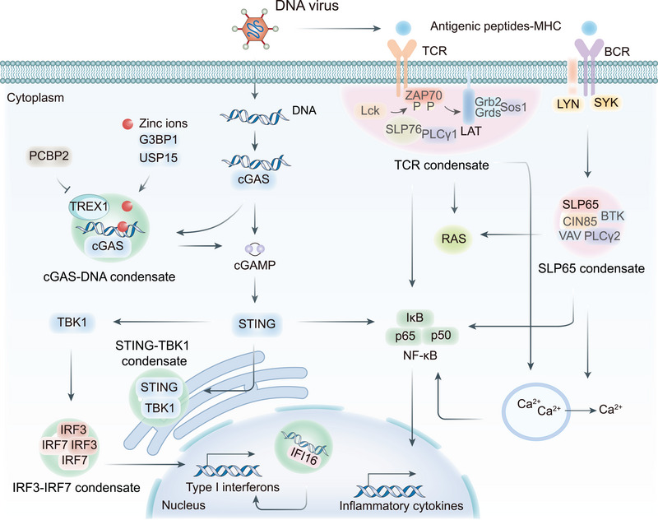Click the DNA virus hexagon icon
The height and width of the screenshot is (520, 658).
point(255,29)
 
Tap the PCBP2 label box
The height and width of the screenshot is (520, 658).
point(49,156)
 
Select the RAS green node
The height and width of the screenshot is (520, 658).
point(454,239)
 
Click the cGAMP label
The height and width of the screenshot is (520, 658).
point(255,265)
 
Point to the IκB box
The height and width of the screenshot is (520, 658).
point(415,318)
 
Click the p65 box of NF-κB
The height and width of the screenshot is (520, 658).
point(405,336)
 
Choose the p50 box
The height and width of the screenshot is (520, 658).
point(441,335)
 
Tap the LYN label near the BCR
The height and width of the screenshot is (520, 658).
point(568,104)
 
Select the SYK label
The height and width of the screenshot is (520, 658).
point(606,102)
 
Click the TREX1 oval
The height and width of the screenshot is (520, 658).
point(89,206)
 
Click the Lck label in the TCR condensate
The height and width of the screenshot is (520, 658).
point(369,110)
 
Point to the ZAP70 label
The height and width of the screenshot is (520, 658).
point(424,95)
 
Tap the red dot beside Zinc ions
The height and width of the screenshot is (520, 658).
point(127,123)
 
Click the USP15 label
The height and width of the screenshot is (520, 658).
point(158,158)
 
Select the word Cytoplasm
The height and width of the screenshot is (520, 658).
point(35,98)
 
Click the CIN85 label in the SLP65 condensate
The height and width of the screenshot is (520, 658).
point(580,221)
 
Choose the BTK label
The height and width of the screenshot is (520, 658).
point(613,216)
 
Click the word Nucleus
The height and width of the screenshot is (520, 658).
point(183,505)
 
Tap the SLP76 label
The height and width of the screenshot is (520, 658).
point(403,129)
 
